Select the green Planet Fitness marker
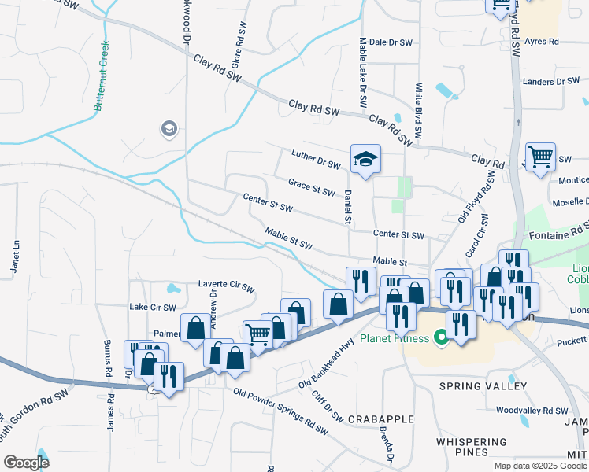(441, 339)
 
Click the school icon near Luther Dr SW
(365, 160)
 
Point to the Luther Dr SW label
(315, 159)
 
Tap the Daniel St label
(347, 207)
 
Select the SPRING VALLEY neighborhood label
(483, 386)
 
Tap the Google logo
(27, 462)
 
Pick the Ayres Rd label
(543, 42)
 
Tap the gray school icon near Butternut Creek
(169, 128)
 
